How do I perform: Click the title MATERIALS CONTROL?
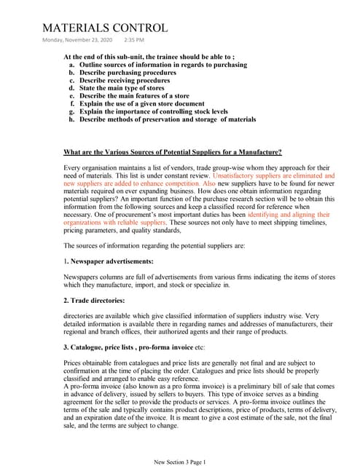pyautogui.click(x=105, y=28)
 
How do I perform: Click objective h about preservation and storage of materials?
pyautogui.click(x=167, y=119)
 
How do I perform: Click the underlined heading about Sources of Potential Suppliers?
pyautogui.click(x=173, y=152)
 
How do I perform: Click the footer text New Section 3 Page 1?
pyautogui.click(x=180, y=462)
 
